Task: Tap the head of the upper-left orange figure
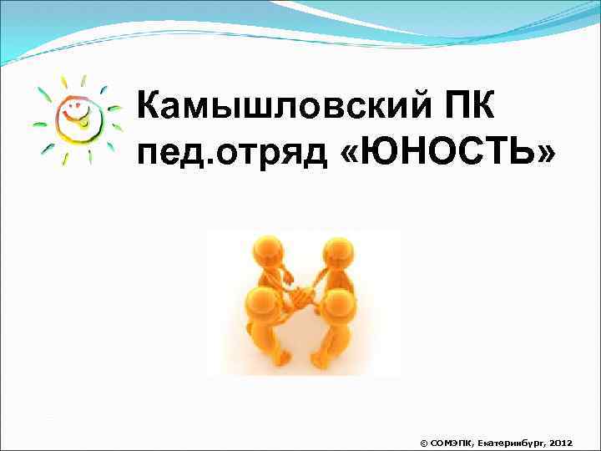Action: [x=267, y=251]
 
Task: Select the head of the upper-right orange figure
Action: [x=337, y=252]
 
